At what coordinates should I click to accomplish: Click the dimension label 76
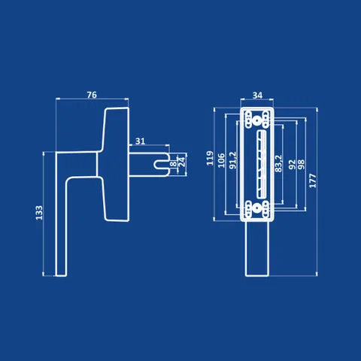click(x=92, y=95)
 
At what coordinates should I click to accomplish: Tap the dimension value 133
click(x=39, y=213)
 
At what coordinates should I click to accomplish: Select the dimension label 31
click(x=140, y=141)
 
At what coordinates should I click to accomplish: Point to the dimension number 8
click(x=173, y=164)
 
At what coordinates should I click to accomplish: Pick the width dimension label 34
click(x=257, y=96)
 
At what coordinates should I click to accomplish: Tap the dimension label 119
click(x=210, y=158)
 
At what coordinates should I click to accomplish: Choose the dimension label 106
click(x=221, y=161)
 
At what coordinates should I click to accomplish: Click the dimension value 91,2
click(x=233, y=160)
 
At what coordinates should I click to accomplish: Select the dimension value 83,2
click(x=278, y=163)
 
